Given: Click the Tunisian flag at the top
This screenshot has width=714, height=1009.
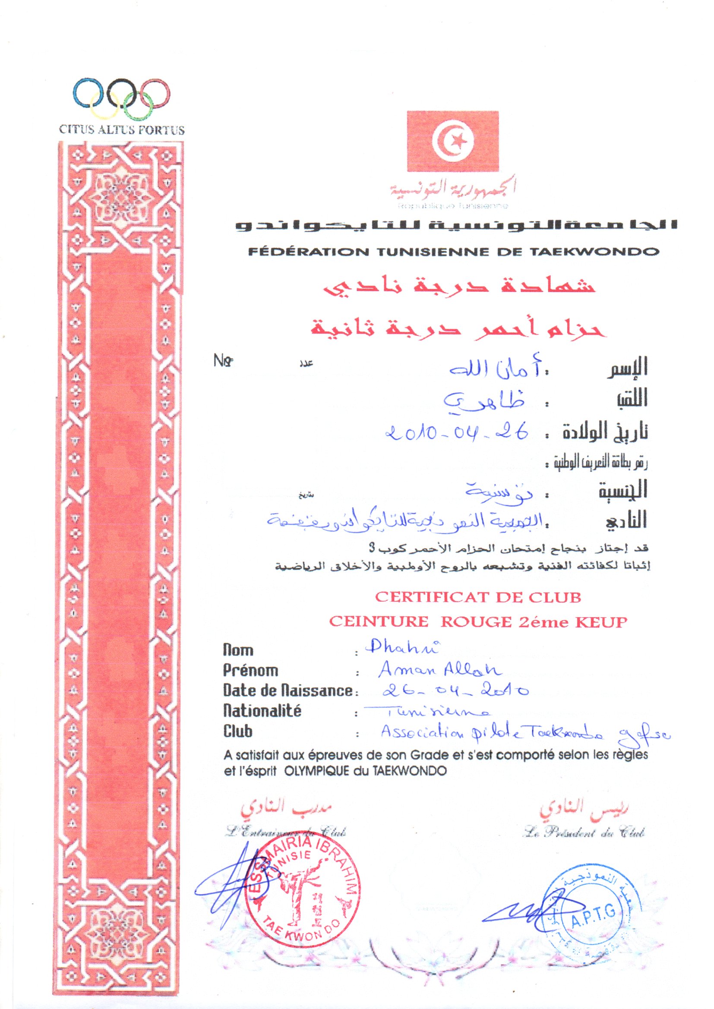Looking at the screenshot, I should pyautogui.click(x=452, y=141).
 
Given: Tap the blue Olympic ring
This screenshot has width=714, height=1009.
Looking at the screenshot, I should pyautogui.click(x=87, y=93).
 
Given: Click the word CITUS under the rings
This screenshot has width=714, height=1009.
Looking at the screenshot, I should pyautogui.click(x=72, y=130).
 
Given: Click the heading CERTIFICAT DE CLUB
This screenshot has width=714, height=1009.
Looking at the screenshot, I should pyautogui.click(x=478, y=597).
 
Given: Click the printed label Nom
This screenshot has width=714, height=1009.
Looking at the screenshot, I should pyautogui.click(x=238, y=650).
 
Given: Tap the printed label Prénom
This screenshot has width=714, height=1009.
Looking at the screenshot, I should pyautogui.click(x=250, y=671).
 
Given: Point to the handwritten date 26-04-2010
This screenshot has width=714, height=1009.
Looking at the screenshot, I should pyautogui.click(x=455, y=691).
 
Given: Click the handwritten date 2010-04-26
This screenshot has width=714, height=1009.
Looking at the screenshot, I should pyautogui.click(x=457, y=434).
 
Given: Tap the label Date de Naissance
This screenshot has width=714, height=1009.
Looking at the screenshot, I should pyautogui.click(x=287, y=691).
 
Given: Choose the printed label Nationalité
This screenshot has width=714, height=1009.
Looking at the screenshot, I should pyautogui.click(x=262, y=711).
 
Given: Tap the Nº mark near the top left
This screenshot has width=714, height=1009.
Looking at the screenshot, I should pyautogui.click(x=223, y=361).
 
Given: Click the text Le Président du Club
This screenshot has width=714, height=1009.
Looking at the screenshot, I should pyautogui.click(x=584, y=832).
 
